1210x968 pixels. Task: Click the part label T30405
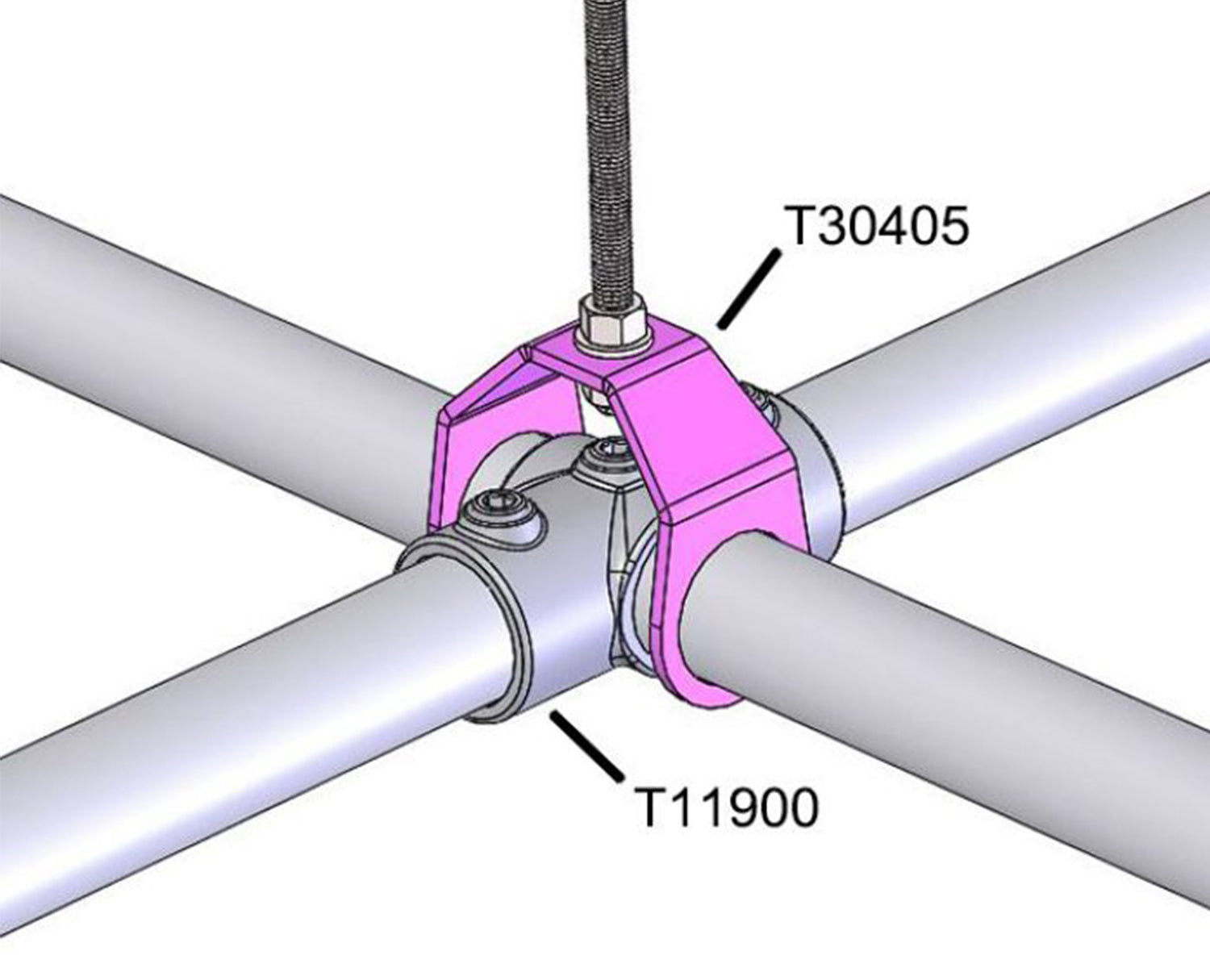[x=876, y=226]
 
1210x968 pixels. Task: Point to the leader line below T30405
[x=749, y=289]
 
